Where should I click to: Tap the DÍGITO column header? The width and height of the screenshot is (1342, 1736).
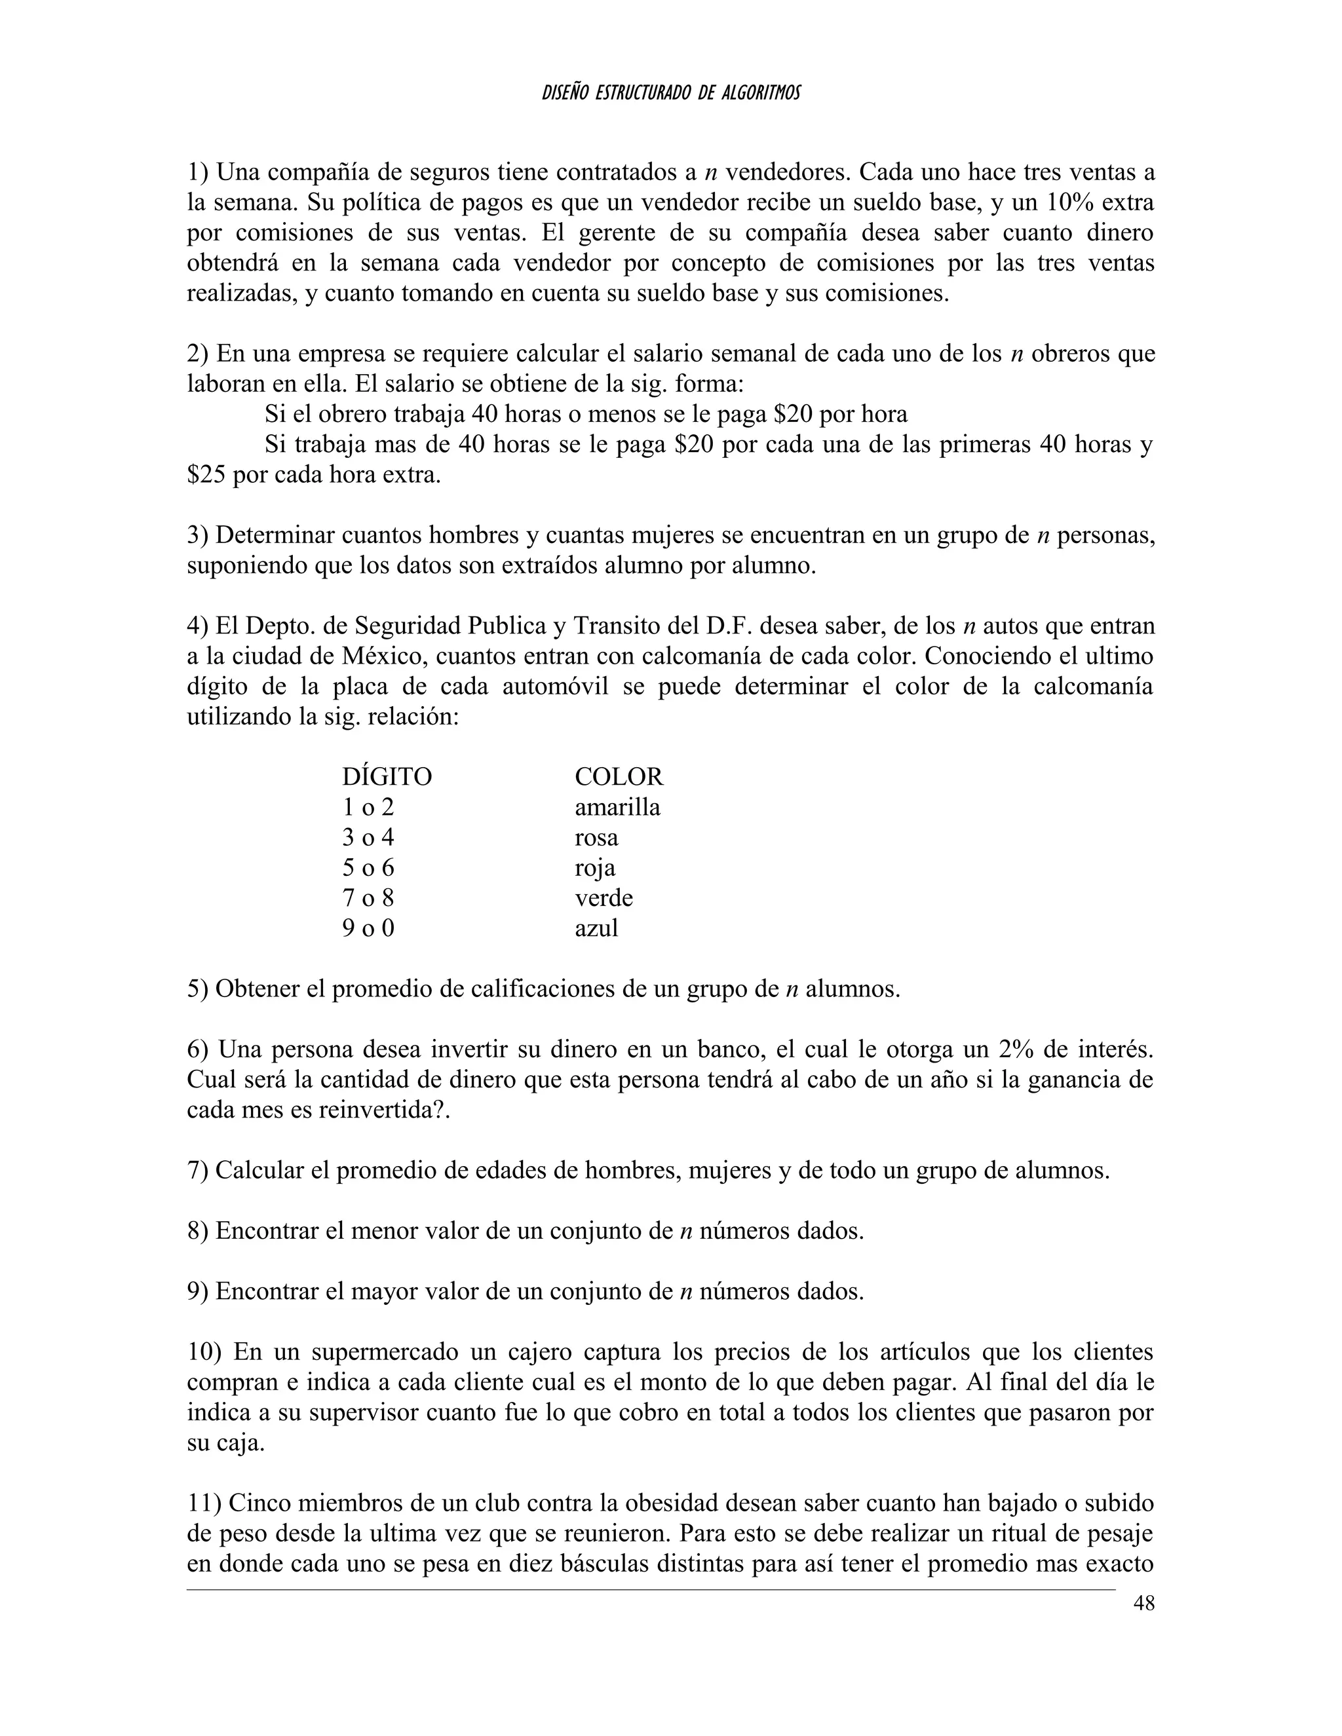point(387,776)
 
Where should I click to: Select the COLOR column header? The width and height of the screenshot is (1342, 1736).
point(619,776)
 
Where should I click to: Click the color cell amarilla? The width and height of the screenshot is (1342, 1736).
point(617,807)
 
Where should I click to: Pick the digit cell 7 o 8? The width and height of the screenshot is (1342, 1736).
point(368,898)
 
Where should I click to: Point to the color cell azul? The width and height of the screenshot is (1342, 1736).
point(596,928)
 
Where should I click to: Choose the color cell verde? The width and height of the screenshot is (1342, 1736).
point(604,898)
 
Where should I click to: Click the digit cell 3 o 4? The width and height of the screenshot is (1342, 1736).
point(368,838)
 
